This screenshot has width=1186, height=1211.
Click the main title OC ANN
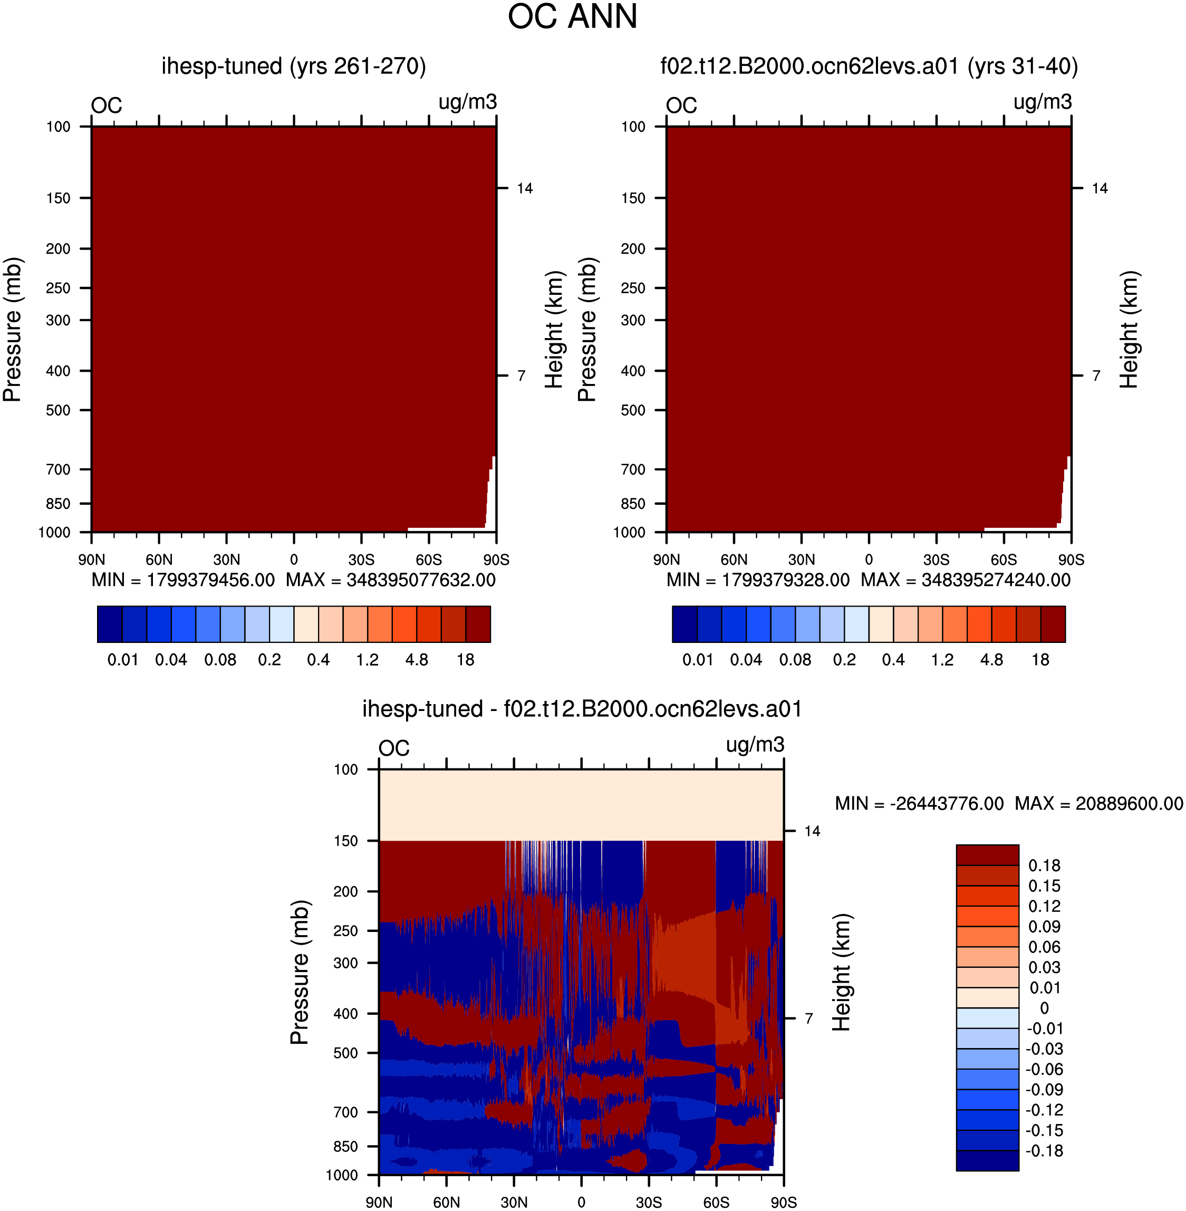[573, 17]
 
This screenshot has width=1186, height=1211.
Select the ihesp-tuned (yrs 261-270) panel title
[293, 66]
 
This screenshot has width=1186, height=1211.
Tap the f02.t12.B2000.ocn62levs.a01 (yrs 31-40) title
[869, 66]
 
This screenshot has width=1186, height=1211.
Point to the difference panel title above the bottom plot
[582, 709]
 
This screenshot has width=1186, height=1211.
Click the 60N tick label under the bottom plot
[447, 1202]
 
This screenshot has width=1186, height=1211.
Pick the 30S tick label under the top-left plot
[361, 560]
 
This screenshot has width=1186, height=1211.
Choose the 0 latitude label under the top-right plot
[869, 560]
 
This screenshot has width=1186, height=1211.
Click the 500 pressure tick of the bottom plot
[346, 1053]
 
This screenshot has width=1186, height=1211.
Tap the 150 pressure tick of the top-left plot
[58, 198]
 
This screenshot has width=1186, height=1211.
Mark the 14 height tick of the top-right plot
[1100, 188]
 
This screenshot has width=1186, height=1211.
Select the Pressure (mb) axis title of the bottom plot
[300, 972]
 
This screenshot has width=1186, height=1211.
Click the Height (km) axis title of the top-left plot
[554, 330]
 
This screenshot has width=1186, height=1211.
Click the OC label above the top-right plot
[681, 105]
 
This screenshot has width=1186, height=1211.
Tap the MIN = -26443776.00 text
[919, 804]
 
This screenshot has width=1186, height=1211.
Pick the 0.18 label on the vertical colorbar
[1044, 866]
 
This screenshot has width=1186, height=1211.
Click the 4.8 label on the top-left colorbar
[417, 660]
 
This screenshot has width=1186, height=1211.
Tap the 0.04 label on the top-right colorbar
[746, 660]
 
